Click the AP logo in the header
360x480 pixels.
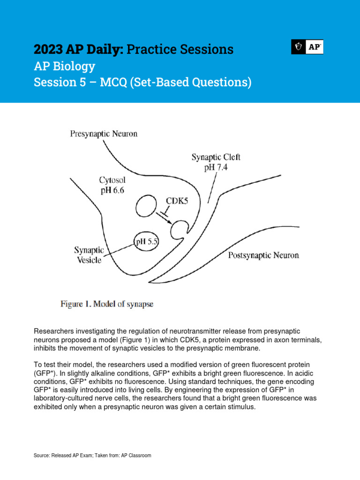tap(307, 47)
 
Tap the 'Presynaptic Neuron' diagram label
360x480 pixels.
tap(104, 134)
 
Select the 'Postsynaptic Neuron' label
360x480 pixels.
tap(263, 255)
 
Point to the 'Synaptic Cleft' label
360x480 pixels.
tap(216, 157)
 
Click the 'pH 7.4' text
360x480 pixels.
tap(216, 167)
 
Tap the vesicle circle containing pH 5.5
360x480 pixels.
tap(146, 242)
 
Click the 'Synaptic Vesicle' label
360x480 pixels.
tap(89, 255)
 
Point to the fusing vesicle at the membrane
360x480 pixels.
tap(180, 230)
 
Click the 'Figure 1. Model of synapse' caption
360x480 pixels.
tap(107, 304)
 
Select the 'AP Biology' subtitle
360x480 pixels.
tap(64, 66)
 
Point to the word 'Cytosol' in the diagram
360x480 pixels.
tap(112, 180)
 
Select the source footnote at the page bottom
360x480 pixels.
tap(92, 455)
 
